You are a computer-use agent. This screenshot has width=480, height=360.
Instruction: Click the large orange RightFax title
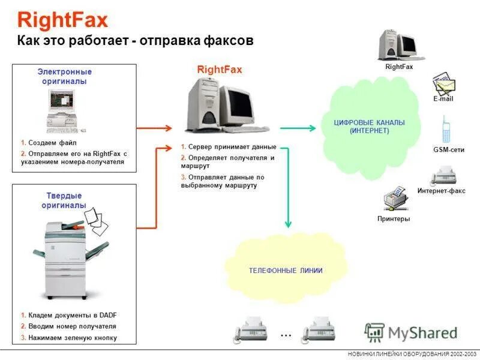pos(62,20)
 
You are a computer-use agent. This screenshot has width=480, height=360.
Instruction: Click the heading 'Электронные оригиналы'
pos(64,76)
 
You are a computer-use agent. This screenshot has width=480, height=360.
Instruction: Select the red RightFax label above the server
pos(220,70)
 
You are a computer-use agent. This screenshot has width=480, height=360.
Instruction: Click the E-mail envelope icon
pos(443,84)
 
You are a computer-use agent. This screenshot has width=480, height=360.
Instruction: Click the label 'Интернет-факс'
pos(441,191)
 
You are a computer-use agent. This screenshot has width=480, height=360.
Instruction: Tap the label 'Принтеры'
pos(394,219)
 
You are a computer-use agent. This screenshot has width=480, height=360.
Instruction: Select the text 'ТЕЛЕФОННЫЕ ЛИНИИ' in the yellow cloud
pos(286,271)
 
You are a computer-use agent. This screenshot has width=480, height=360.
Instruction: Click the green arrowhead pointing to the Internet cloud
pos(311,128)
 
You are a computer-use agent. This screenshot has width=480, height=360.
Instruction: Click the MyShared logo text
pos(422,332)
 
